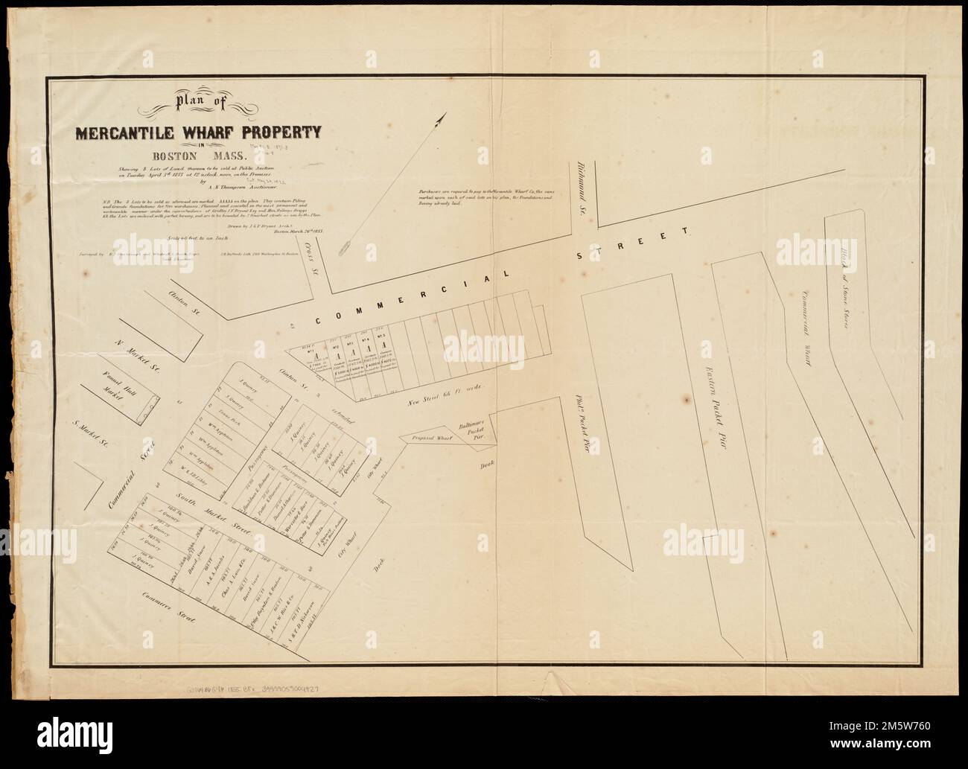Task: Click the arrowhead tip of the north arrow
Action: point(442,114)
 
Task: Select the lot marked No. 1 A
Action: point(318,363)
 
